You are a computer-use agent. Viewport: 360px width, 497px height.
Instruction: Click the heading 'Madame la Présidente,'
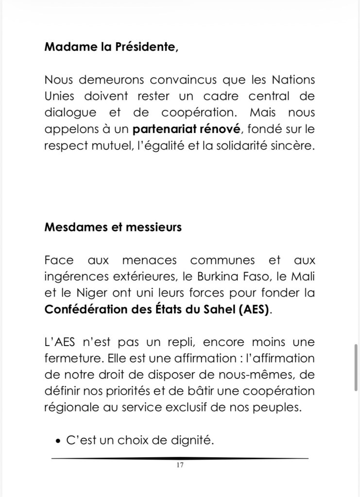(x=111, y=48)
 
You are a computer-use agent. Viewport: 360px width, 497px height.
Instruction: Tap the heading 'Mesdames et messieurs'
(x=113, y=227)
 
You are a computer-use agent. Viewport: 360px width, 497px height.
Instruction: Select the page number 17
(x=180, y=465)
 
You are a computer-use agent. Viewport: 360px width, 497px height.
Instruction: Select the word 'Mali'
(x=303, y=277)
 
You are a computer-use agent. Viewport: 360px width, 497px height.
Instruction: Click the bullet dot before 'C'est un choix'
(x=58, y=442)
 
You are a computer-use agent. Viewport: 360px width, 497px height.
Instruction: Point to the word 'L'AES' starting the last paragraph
(x=59, y=343)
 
